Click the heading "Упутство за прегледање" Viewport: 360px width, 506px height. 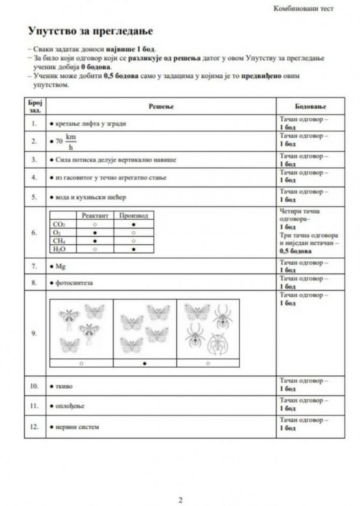90,31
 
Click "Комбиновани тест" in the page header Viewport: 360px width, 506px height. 303,9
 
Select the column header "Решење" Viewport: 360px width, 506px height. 161,106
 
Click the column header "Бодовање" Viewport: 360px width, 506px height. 311,107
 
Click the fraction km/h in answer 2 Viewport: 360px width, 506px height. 71,142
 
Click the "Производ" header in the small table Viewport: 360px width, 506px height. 134,216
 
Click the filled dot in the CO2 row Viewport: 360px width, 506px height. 134,224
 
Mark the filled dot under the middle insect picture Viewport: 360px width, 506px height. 145,363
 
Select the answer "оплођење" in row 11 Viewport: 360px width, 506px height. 70,406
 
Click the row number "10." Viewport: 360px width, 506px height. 34,385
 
